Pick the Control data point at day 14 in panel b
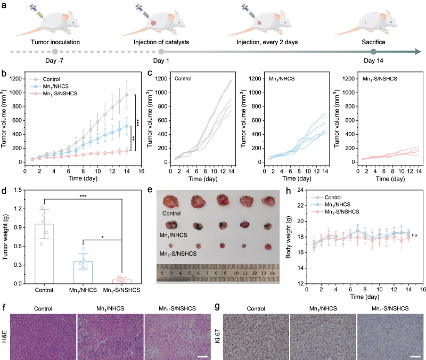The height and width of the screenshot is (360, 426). click(127, 95)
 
